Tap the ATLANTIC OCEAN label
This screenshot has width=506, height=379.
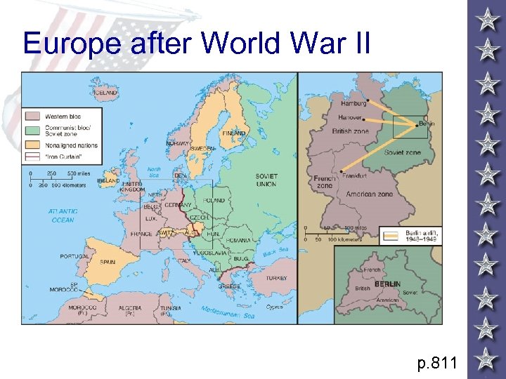click(62, 215)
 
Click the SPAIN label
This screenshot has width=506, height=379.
click(108, 261)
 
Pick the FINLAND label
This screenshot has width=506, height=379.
click(234, 133)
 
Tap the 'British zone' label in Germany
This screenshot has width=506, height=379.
click(349, 131)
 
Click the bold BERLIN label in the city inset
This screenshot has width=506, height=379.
click(387, 284)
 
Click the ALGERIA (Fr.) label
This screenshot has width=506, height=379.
click(129, 310)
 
